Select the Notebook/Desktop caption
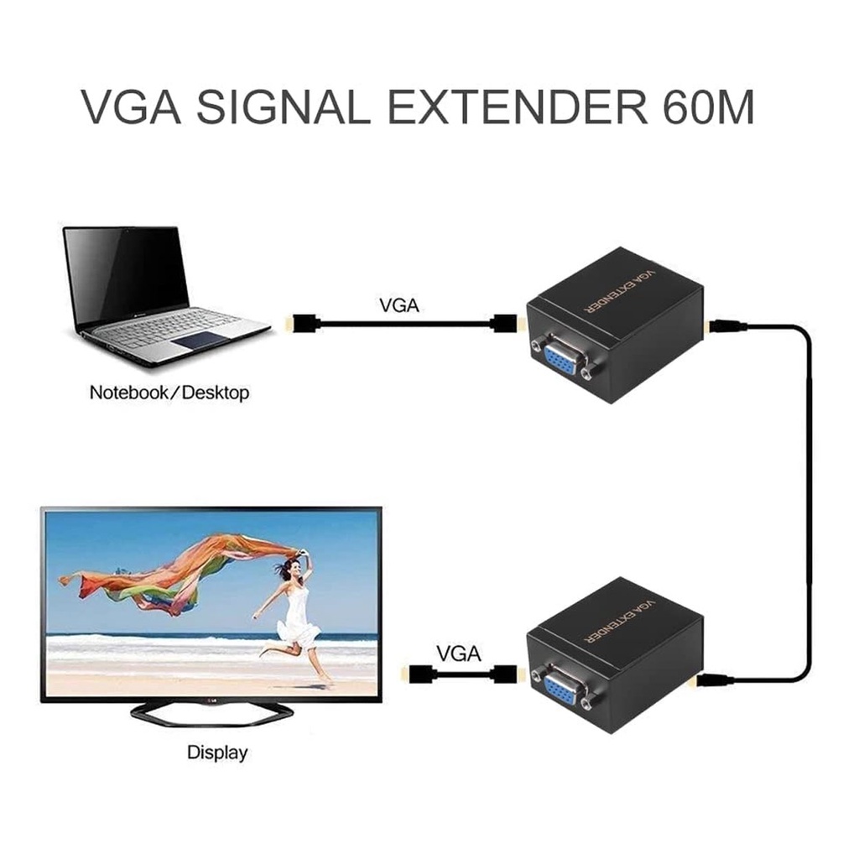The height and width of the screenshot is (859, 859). click(169, 392)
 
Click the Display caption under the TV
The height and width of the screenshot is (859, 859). click(217, 752)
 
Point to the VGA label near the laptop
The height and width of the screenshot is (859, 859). click(398, 305)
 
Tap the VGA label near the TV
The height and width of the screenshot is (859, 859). click(459, 653)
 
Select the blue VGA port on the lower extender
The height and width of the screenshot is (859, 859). click(560, 689)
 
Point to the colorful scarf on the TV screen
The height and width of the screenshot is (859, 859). click(185, 570)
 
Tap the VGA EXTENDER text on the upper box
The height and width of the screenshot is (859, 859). click(620, 293)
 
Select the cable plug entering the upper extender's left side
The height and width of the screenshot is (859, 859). click(505, 323)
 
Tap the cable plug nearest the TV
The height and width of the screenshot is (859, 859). click(415, 673)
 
